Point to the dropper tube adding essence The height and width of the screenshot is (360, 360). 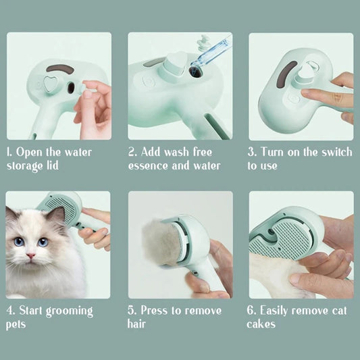208,56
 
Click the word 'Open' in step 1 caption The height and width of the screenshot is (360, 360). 29,152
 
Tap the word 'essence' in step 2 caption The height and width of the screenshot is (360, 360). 152,165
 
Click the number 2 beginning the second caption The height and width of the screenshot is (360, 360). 131,152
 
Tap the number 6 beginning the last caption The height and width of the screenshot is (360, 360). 252,311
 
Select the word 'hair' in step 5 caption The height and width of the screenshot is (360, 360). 137,324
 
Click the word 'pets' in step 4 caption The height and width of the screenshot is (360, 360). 17,324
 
